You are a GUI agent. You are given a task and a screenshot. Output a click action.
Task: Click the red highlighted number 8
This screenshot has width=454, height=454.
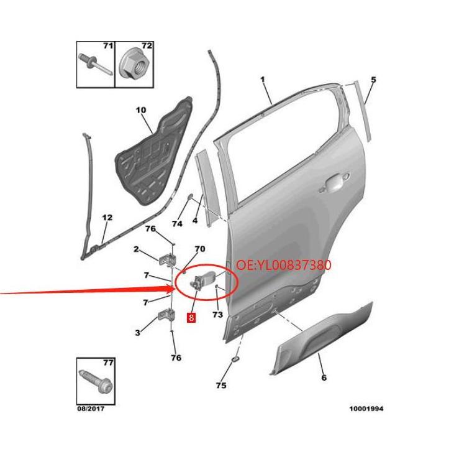(191, 317)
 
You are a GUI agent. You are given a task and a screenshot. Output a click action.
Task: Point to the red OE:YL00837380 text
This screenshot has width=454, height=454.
(284, 265)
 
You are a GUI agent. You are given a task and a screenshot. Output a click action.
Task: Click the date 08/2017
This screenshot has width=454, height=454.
(91, 409)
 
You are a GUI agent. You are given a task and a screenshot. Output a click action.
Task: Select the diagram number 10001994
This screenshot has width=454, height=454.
(366, 409)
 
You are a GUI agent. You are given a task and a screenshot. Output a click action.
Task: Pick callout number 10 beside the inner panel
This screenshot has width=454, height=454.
(141, 110)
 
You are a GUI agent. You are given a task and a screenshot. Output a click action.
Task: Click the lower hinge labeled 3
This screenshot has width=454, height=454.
(166, 314)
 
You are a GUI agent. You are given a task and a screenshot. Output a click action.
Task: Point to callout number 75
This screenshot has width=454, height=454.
(221, 386)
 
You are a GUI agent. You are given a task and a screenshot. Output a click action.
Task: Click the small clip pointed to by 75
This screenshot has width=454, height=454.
(235, 359)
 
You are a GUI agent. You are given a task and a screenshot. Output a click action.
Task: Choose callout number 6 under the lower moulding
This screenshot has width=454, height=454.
(324, 378)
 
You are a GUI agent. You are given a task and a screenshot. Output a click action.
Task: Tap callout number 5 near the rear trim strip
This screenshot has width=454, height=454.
(373, 80)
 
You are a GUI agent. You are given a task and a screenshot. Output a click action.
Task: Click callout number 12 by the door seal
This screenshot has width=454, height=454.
(107, 218)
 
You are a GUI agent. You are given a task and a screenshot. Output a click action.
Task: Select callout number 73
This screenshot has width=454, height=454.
(218, 314)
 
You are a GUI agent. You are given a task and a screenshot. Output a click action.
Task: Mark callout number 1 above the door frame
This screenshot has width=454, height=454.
(263, 79)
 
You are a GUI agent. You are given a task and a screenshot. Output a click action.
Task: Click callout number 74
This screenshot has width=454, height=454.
(177, 224)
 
